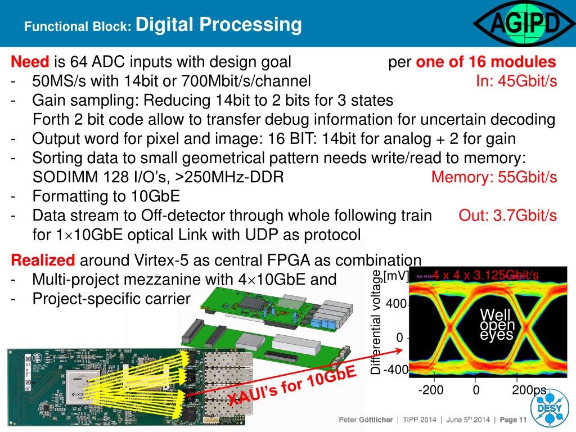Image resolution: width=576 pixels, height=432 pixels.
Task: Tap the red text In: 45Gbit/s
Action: [516, 81]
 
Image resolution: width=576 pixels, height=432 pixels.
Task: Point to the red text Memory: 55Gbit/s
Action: [494, 177]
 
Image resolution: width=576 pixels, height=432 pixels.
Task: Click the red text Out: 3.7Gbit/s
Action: [508, 215]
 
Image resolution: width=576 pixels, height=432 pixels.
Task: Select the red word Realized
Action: [43, 260]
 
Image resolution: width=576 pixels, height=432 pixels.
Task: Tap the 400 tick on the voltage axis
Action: [396, 304]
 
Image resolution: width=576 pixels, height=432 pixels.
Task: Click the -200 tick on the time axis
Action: [431, 390]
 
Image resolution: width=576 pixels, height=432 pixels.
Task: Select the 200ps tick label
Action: [529, 390]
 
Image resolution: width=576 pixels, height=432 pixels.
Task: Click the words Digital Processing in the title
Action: [219, 25]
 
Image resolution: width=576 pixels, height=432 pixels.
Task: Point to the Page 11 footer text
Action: [512, 420]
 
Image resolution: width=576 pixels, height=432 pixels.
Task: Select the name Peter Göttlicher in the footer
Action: [365, 420]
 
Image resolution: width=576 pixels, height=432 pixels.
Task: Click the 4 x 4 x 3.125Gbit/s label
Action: [485, 275]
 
